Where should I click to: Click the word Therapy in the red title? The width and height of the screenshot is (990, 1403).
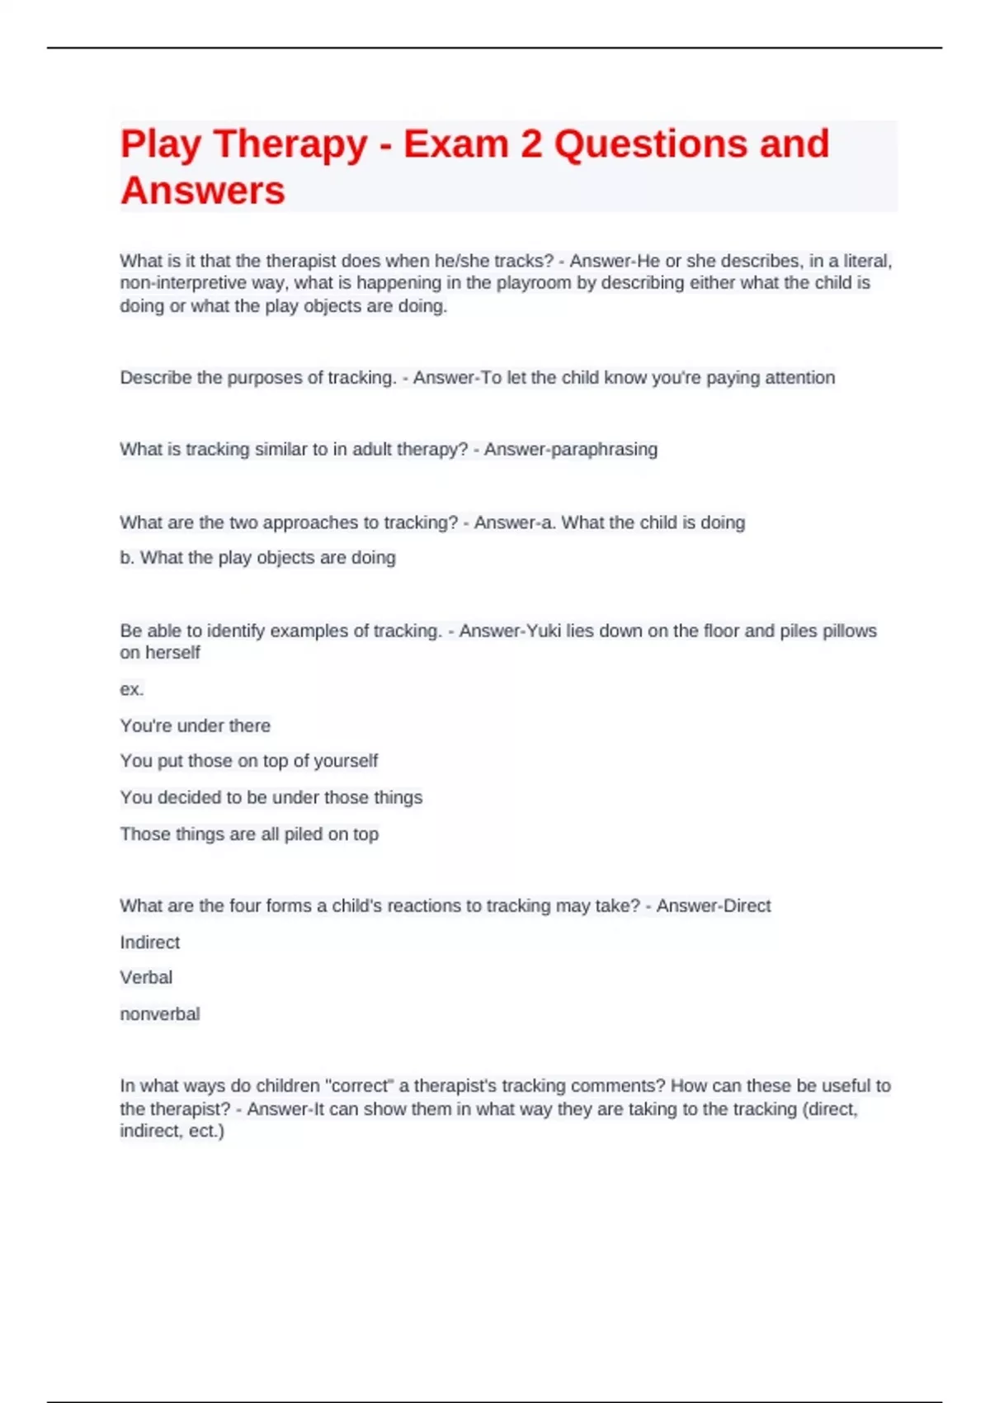(290, 145)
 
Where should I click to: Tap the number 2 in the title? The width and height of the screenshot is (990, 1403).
(530, 144)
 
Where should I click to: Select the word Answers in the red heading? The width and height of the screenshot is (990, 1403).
(203, 191)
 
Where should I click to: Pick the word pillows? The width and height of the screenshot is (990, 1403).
(849, 631)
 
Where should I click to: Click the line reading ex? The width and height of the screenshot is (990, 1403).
(132, 689)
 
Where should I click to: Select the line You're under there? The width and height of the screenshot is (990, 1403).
(196, 726)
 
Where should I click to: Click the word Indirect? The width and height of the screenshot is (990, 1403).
(149, 942)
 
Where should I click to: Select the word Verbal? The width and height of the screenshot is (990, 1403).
(146, 978)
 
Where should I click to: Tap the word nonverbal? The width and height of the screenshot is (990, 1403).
(160, 1014)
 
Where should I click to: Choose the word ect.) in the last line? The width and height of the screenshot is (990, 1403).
(206, 1131)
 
